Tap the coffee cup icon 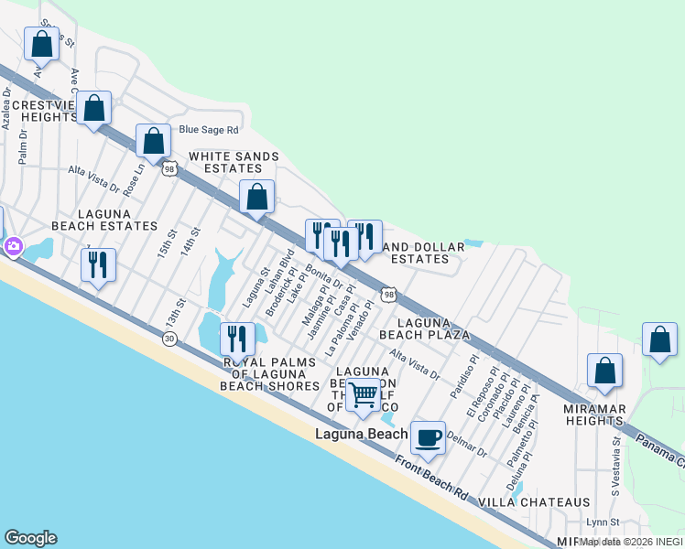pyautogui.click(x=428, y=438)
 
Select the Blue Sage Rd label pyautogui.click(x=209, y=130)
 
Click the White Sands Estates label pyautogui.click(x=233, y=162)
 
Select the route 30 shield pyautogui.click(x=169, y=339)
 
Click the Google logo pyautogui.click(x=30, y=538)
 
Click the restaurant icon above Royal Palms pyautogui.click(x=238, y=339)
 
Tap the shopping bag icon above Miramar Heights pyautogui.click(x=604, y=371)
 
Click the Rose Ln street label pyautogui.click(x=137, y=179)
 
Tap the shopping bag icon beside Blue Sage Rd pyautogui.click(x=154, y=141)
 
